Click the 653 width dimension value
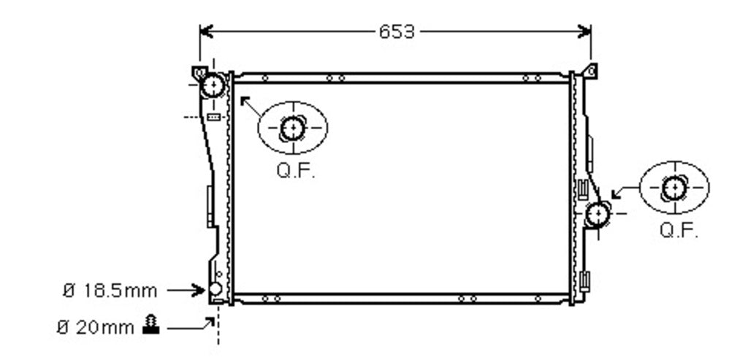point(397,32)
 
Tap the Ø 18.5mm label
point(110,291)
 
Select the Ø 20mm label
point(96,328)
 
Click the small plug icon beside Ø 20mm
point(151,324)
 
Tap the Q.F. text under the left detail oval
point(296,171)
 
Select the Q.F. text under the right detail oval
point(679,231)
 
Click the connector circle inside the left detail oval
point(292,128)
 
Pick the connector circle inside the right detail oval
point(674,188)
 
